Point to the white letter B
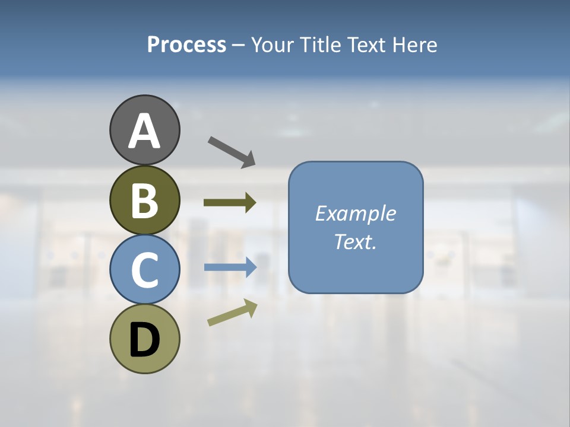pos(145,201)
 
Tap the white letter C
pos(145,270)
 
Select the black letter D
pos(145,340)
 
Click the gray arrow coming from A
pos(232,151)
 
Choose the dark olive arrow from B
pos(230,202)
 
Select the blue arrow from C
pos(230,267)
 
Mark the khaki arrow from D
pos(232,313)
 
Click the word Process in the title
pos(186,45)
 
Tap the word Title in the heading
pos(320,45)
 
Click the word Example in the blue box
pos(355,213)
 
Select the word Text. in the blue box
pos(355,241)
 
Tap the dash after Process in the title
pos(238,45)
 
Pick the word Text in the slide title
pos(368,45)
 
